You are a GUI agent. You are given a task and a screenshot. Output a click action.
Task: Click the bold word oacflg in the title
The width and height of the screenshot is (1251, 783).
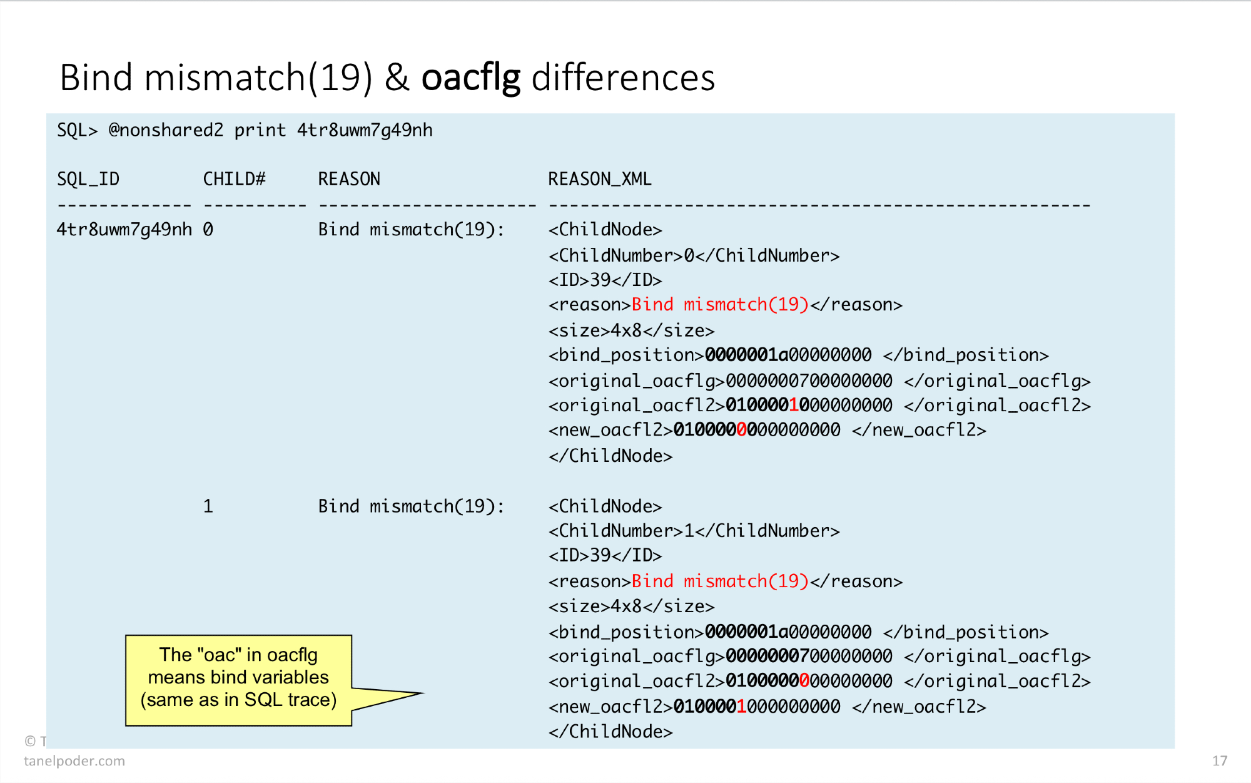coord(470,78)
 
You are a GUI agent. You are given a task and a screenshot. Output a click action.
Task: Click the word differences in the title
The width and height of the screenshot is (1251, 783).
coord(623,78)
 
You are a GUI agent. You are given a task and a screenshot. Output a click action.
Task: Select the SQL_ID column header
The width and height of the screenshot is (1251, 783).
coord(88,180)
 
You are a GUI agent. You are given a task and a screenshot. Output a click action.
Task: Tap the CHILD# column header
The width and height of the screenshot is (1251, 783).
coord(235,180)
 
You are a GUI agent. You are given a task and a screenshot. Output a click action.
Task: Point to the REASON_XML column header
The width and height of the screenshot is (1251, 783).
coord(600,180)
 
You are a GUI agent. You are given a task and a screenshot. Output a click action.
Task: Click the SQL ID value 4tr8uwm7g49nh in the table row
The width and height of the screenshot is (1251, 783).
coord(124,230)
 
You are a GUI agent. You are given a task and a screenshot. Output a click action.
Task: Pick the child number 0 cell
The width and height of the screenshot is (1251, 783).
coord(208,230)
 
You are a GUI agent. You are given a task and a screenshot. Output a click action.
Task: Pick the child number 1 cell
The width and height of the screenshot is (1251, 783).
coord(208,506)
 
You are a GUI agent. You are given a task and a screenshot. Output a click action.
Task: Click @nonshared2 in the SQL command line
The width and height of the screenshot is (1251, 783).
coord(166,130)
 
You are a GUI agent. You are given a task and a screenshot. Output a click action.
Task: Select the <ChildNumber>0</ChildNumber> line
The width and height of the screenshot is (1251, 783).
coord(694,255)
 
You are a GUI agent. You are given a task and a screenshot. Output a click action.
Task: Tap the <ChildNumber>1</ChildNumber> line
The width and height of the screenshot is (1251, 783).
coord(694,531)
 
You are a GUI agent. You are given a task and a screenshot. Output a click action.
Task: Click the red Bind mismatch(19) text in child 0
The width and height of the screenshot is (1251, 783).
coord(720,305)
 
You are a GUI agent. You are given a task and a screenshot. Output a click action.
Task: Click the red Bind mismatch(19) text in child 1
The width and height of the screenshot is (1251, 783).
coord(720,581)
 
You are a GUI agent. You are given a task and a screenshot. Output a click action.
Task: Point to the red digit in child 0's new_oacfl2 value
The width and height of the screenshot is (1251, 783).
coord(742,430)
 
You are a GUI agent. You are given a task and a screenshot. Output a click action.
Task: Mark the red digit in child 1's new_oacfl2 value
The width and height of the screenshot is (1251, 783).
coord(742,707)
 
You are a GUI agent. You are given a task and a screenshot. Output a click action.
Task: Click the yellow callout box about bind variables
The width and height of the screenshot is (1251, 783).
coord(238,680)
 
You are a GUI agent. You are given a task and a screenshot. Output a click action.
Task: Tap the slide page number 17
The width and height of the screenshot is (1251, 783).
coord(1219,760)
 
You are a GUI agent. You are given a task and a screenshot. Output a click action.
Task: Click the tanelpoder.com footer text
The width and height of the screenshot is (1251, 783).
coord(74,761)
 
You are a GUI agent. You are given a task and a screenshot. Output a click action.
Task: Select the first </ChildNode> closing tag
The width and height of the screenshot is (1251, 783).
coord(610,456)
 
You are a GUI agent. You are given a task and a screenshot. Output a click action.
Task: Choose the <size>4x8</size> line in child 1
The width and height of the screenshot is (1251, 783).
coord(631,606)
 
